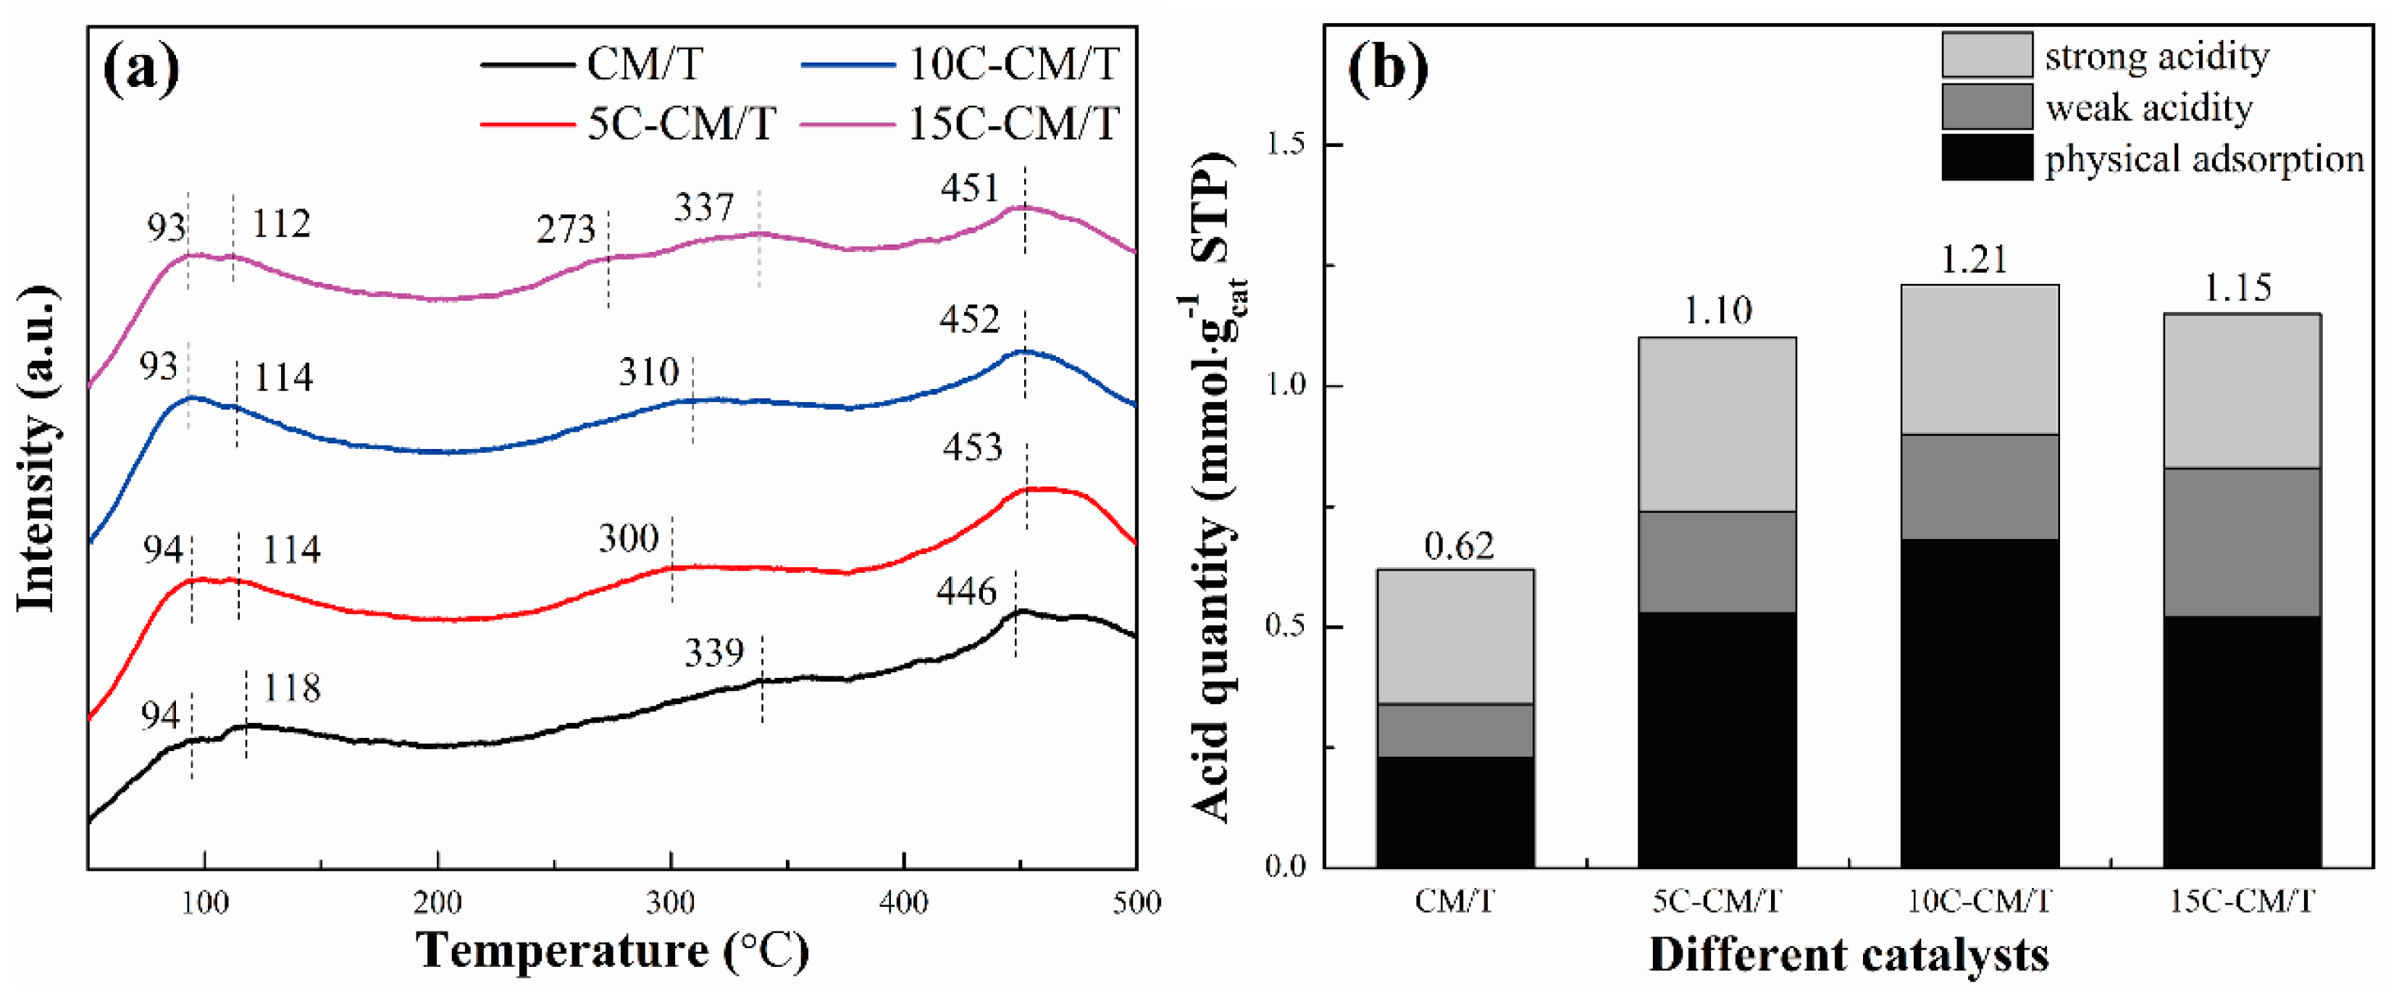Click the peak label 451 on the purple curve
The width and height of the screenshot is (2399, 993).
(968, 188)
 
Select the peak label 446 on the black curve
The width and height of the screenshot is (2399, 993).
(966, 590)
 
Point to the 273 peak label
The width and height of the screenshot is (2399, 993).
(565, 229)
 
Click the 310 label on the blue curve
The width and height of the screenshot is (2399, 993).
(648, 372)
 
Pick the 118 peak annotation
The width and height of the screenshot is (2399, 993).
(291, 687)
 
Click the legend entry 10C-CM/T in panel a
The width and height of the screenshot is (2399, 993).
(1013, 64)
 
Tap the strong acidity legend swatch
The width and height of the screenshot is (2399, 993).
(1986, 55)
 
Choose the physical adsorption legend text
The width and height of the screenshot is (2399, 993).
(2203, 159)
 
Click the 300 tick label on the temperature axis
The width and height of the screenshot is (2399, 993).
(671, 902)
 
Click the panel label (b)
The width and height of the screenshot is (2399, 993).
(1388, 69)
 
